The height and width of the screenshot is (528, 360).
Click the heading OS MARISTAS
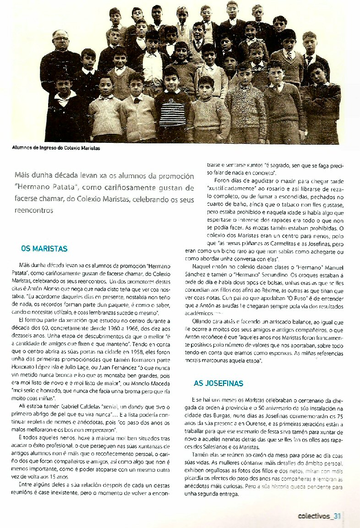[44, 249]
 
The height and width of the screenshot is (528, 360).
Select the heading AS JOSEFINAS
[218, 383]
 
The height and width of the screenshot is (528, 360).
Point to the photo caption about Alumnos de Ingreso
[56, 148]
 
